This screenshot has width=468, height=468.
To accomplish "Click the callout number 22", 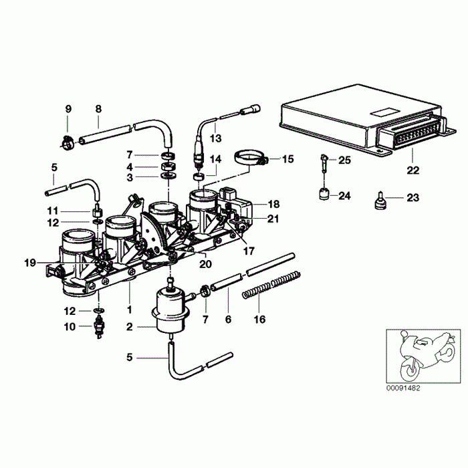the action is [x=413, y=170].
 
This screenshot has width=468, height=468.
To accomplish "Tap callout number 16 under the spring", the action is [x=260, y=320].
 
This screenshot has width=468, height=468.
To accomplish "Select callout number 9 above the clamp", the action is [x=68, y=109].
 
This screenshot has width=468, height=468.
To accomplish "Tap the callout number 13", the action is [x=215, y=138].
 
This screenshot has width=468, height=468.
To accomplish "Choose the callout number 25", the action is [x=344, y=160].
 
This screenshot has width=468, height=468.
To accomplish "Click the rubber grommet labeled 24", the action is [x=323, y=195].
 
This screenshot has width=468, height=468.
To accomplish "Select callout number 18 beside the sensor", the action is [x=273, y=203].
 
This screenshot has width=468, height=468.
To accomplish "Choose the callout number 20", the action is [x=206, y=263].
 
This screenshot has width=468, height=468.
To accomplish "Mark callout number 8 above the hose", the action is [x=98, y=109].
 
